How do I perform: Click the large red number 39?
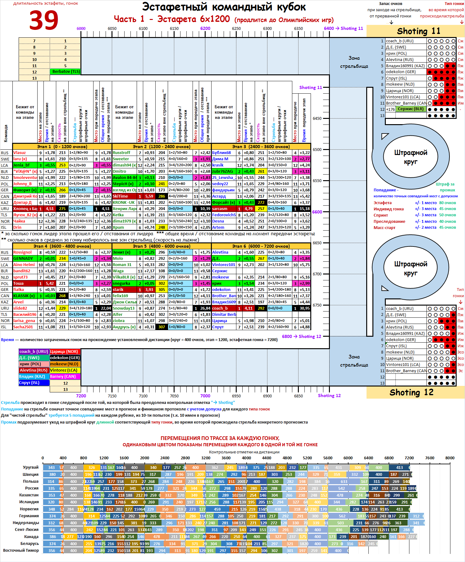coord(44,20)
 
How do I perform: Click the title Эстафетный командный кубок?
coord(224,7)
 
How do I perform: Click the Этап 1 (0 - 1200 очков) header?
coord(62,146)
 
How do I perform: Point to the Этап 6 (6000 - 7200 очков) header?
coord(261,246)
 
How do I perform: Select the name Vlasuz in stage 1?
coord(20,152)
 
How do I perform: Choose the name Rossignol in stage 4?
coord(22,252)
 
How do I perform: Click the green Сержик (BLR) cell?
coord(410,109)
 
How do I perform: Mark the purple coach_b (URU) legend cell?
coord(34,352)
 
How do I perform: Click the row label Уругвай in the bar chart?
coord(31,467)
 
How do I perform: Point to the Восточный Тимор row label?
coord(21,550)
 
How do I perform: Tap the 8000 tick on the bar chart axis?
coord(449,458)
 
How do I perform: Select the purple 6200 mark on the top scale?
coord(205,28)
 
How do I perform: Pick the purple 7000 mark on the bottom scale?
coord(205,396)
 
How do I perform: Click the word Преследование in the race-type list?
coord(389,221)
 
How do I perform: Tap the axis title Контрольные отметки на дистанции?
coord(244,452)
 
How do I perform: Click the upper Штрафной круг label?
coord(411,157)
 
